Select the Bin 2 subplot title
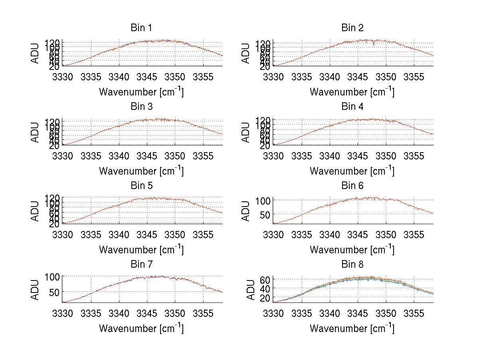pyautogui.click(x=352, y=28)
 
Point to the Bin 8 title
pyautogui.click(x=352, y=265)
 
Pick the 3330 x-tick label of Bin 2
pyautogui.click(x=273, y=76)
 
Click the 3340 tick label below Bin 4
pyautogui.click(x=330, y=155)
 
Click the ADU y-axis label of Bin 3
pyautogui.click(x=35, y=132)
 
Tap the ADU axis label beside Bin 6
pyautogui.click(x=246, y=211)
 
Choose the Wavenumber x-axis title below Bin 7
pyautogui.click(x=141, y=328)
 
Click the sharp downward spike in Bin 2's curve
pyautogui.click(x=374, y=44)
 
